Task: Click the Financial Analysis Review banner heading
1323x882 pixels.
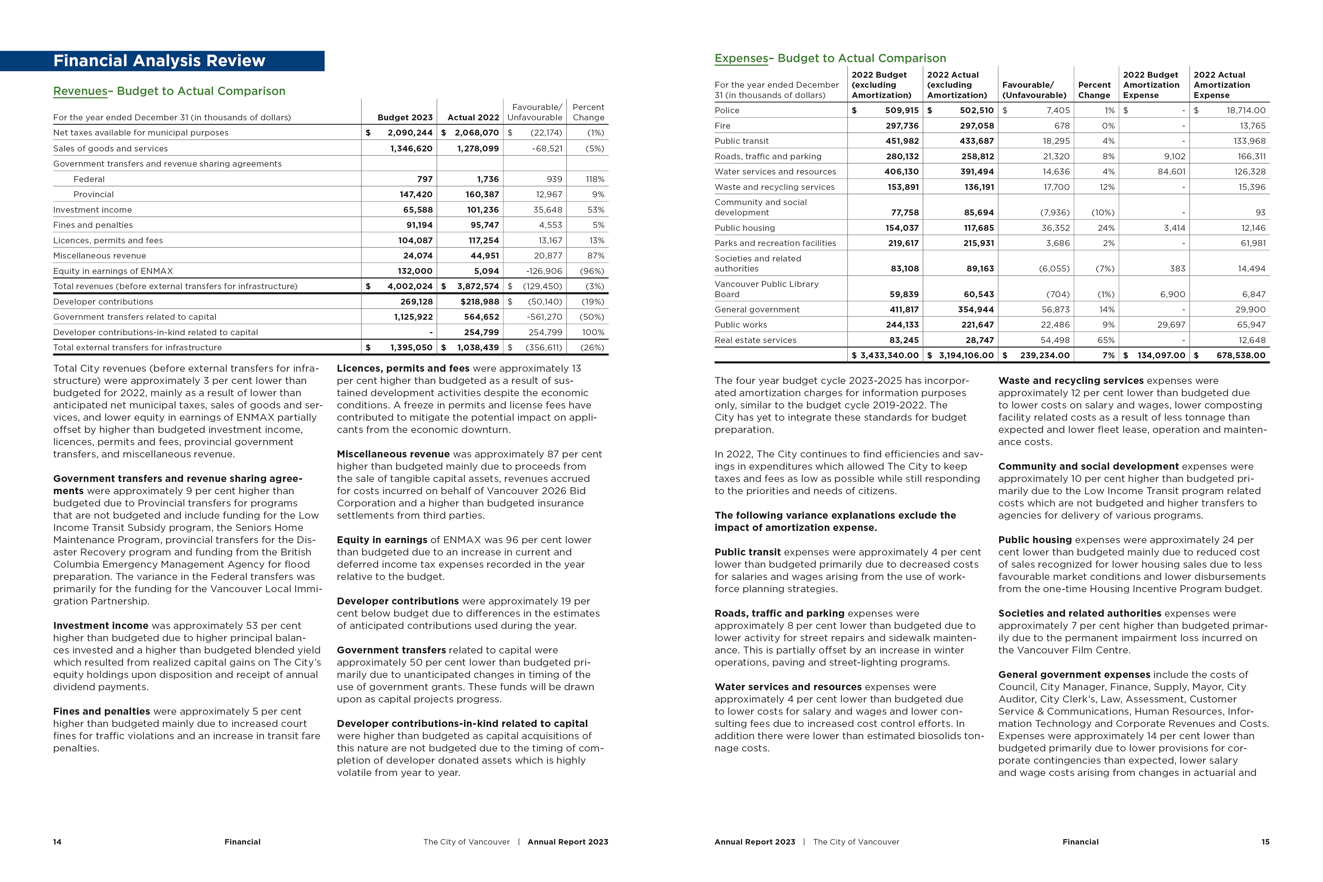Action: pos(159,61)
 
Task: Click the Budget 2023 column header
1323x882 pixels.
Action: pos(405,117)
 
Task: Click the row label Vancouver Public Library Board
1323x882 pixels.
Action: pos(766,289)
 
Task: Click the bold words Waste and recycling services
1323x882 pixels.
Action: pos(1070,381)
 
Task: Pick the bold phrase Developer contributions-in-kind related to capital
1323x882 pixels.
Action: pos(462,724)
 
